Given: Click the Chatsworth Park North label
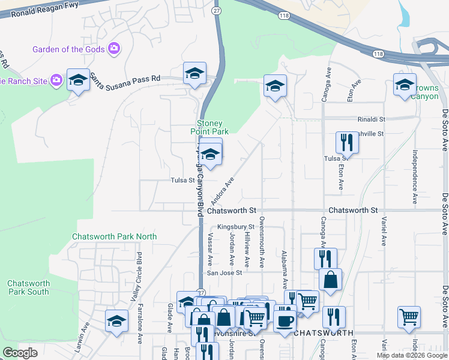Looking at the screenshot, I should tap(114, 236).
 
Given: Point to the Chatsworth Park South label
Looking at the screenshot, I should tap(28, 287).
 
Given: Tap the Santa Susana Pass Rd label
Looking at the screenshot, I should tap(125, 78).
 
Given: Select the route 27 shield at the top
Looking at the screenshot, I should tap(217, 11).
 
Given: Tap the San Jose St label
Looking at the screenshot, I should tap(224, 272).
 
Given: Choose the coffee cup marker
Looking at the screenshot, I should tap(285, 317).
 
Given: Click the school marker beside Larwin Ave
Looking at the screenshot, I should tap(116, 320).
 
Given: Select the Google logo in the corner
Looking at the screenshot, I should tap(20, 353).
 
